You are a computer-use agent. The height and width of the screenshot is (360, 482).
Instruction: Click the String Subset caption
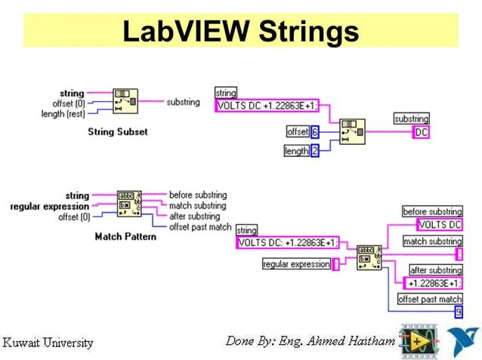pos(118,132)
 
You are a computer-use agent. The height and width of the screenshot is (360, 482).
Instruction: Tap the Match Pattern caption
pos(125,237)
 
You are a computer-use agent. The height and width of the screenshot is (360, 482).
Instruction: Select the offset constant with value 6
pos(315,132)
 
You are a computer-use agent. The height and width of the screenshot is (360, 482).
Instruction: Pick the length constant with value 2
pos(315,151)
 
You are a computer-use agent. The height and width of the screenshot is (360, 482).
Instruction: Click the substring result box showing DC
pos(422,132)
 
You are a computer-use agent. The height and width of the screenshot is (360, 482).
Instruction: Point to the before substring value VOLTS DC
pos(440,225)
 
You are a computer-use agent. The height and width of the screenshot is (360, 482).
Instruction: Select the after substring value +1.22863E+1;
pos(434,283)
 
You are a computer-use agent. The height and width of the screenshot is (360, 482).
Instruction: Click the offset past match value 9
pos(458,312)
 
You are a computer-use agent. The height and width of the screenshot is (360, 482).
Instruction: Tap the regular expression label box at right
pos(297,264)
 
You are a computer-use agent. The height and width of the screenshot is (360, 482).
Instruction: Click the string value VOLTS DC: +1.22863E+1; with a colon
pos(287,243)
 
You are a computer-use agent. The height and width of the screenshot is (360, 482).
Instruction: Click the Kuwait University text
pos(49,343)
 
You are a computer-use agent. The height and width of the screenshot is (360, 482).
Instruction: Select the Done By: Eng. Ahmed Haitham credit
pos(310,341)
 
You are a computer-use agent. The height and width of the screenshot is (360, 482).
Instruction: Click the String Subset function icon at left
pos(125,101)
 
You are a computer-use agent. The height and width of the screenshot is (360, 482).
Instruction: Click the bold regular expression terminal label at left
pos(50,206)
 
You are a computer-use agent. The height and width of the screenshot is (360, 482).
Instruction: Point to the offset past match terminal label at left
pos(199,226)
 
